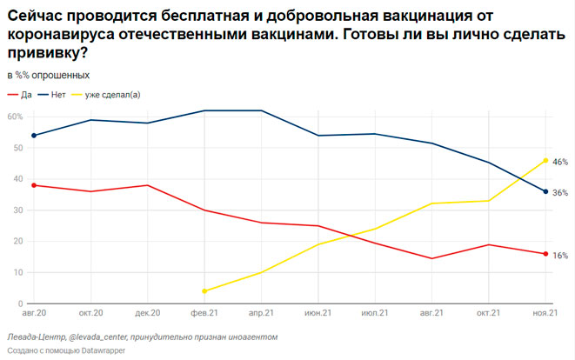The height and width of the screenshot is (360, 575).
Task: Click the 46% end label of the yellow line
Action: (x=560, y=162)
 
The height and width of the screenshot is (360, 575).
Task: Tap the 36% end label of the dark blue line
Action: (x=560, y=192)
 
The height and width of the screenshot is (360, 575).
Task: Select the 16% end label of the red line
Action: (x=560, y=255)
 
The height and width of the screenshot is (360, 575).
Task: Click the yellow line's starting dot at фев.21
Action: (x=204, y=291)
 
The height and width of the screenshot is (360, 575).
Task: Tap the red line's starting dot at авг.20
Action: (x=34, y=185)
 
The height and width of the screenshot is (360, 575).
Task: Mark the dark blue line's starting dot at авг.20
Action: (x=34, y=136)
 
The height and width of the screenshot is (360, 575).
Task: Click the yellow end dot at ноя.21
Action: (x=545, y=160)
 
